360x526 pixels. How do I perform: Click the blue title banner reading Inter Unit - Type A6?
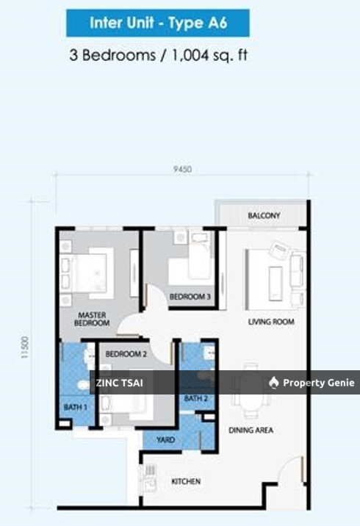158,23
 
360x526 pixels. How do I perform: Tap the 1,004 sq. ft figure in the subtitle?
209,55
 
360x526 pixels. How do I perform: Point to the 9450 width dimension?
182,169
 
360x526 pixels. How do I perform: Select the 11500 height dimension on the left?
25,347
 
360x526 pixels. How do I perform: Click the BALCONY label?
264,215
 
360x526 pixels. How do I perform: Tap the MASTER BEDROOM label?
92,319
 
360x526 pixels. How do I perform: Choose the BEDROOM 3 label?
190,297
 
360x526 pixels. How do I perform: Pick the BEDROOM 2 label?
126,354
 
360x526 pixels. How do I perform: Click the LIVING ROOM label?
271,322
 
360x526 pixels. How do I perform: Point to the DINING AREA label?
251,430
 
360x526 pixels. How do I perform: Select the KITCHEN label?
186,481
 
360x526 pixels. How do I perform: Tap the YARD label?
165,439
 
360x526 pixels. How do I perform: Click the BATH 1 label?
76,407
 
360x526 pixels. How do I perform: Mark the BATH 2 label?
196,398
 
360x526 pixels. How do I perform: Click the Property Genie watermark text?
319,383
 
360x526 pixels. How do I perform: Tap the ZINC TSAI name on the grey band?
120,383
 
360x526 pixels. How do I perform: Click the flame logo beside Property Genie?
274,383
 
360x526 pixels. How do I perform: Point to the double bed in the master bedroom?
89,273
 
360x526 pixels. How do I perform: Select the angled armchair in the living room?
278,251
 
